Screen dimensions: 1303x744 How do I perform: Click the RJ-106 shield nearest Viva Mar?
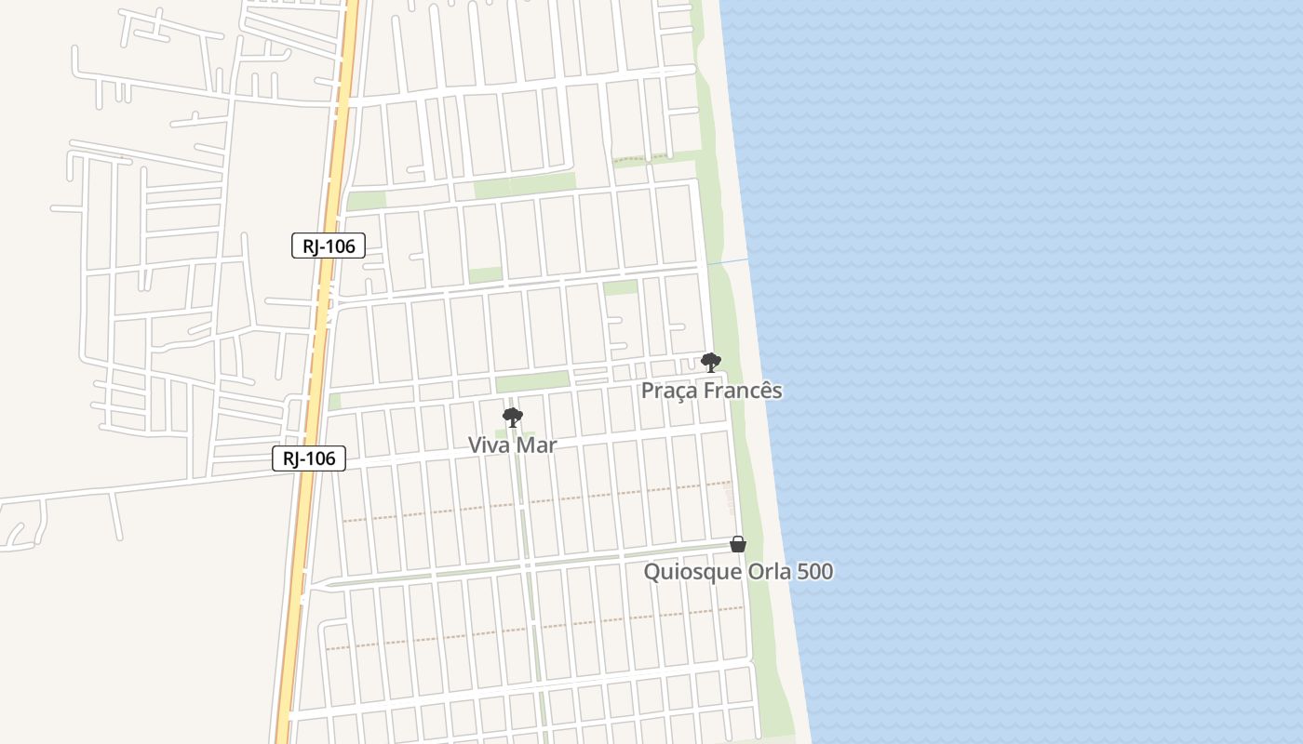309,458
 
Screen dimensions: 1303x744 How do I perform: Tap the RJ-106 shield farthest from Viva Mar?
329,246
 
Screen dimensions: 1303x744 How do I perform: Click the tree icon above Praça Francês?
711,362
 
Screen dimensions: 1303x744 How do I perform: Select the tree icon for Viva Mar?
512,418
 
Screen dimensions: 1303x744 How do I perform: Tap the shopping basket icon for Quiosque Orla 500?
738,544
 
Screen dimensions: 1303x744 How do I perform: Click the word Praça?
668,391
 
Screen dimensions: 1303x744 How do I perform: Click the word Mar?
537,445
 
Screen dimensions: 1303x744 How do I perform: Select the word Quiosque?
692,572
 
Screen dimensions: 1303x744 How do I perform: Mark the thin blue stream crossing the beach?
728,263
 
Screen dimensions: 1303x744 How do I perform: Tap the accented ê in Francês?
763,390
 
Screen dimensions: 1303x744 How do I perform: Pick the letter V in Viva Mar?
475,445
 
